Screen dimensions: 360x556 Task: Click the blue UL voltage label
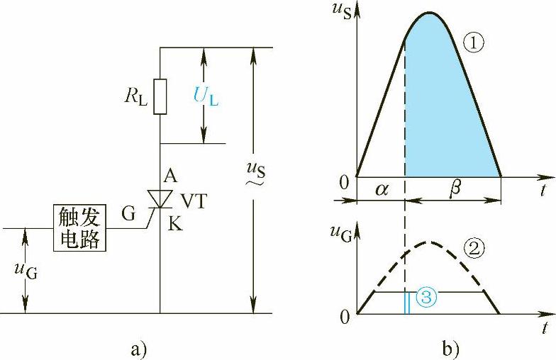[x=206, y=96]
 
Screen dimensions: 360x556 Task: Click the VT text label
[x=196, y=201]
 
